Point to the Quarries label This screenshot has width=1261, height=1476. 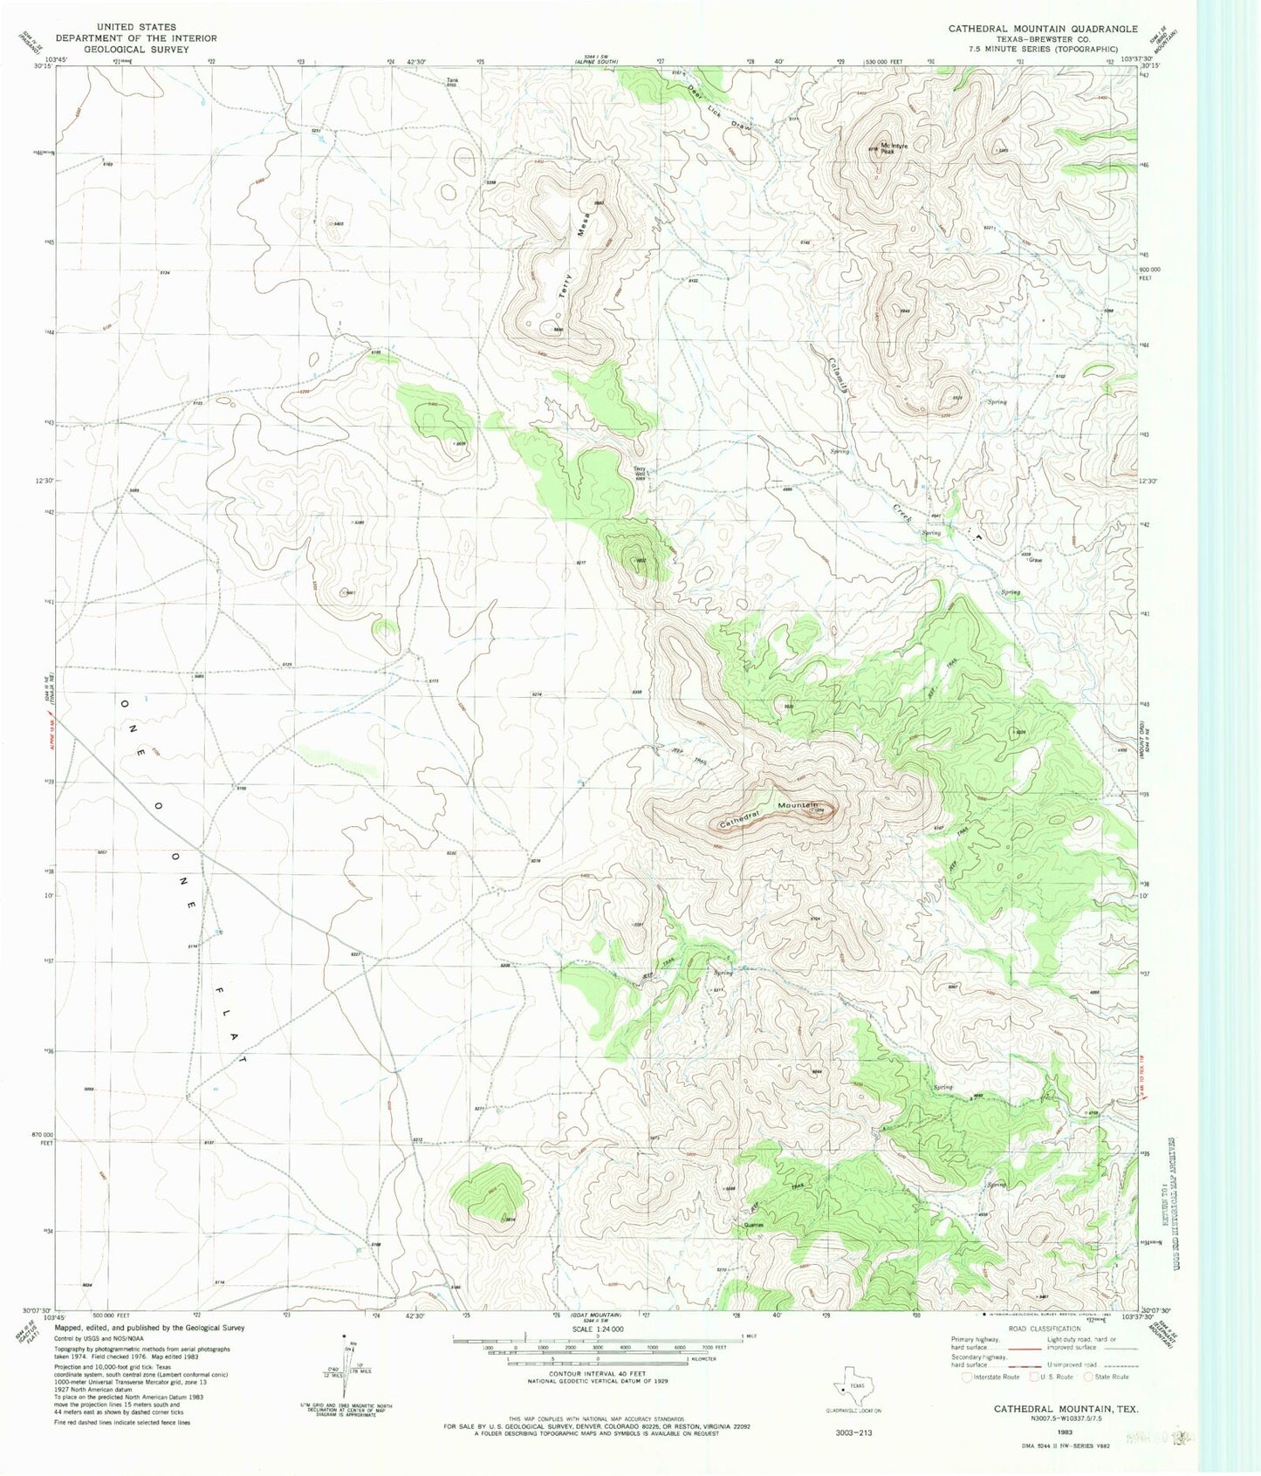[753, 1225]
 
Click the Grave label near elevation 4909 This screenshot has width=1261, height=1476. [1035, 560]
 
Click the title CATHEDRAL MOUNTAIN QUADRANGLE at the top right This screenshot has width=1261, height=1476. [1043, 29]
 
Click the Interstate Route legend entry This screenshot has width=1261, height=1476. [991, 1377]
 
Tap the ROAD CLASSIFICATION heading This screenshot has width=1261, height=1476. [1043, 1329]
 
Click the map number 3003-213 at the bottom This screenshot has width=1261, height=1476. [853, 1432]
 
